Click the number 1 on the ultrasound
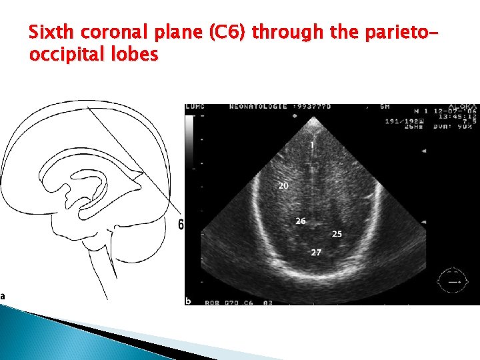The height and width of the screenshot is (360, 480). point(311,145)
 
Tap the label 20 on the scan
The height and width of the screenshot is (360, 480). point(283,186)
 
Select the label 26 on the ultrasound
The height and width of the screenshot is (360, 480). point(301,221)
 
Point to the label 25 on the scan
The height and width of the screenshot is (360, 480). point(337,234)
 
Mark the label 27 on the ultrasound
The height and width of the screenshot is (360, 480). point(316,252)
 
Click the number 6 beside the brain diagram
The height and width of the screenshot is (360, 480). point(181,225)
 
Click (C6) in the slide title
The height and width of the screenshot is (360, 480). point(227,32)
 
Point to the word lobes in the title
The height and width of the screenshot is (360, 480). point(139,55)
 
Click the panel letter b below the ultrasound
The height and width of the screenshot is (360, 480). point(189,301)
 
